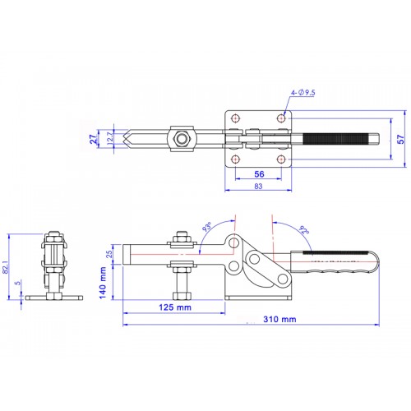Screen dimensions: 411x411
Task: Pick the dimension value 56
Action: (259, 175)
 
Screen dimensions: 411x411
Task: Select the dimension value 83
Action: (259, 187)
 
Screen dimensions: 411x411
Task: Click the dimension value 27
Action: (95, 138)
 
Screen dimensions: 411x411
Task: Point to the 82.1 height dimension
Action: (7, 265)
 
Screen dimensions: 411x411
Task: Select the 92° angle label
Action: (305, 231)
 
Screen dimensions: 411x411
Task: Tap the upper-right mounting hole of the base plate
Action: (282, 119)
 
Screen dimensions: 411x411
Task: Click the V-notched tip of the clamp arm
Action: (131, 137)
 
